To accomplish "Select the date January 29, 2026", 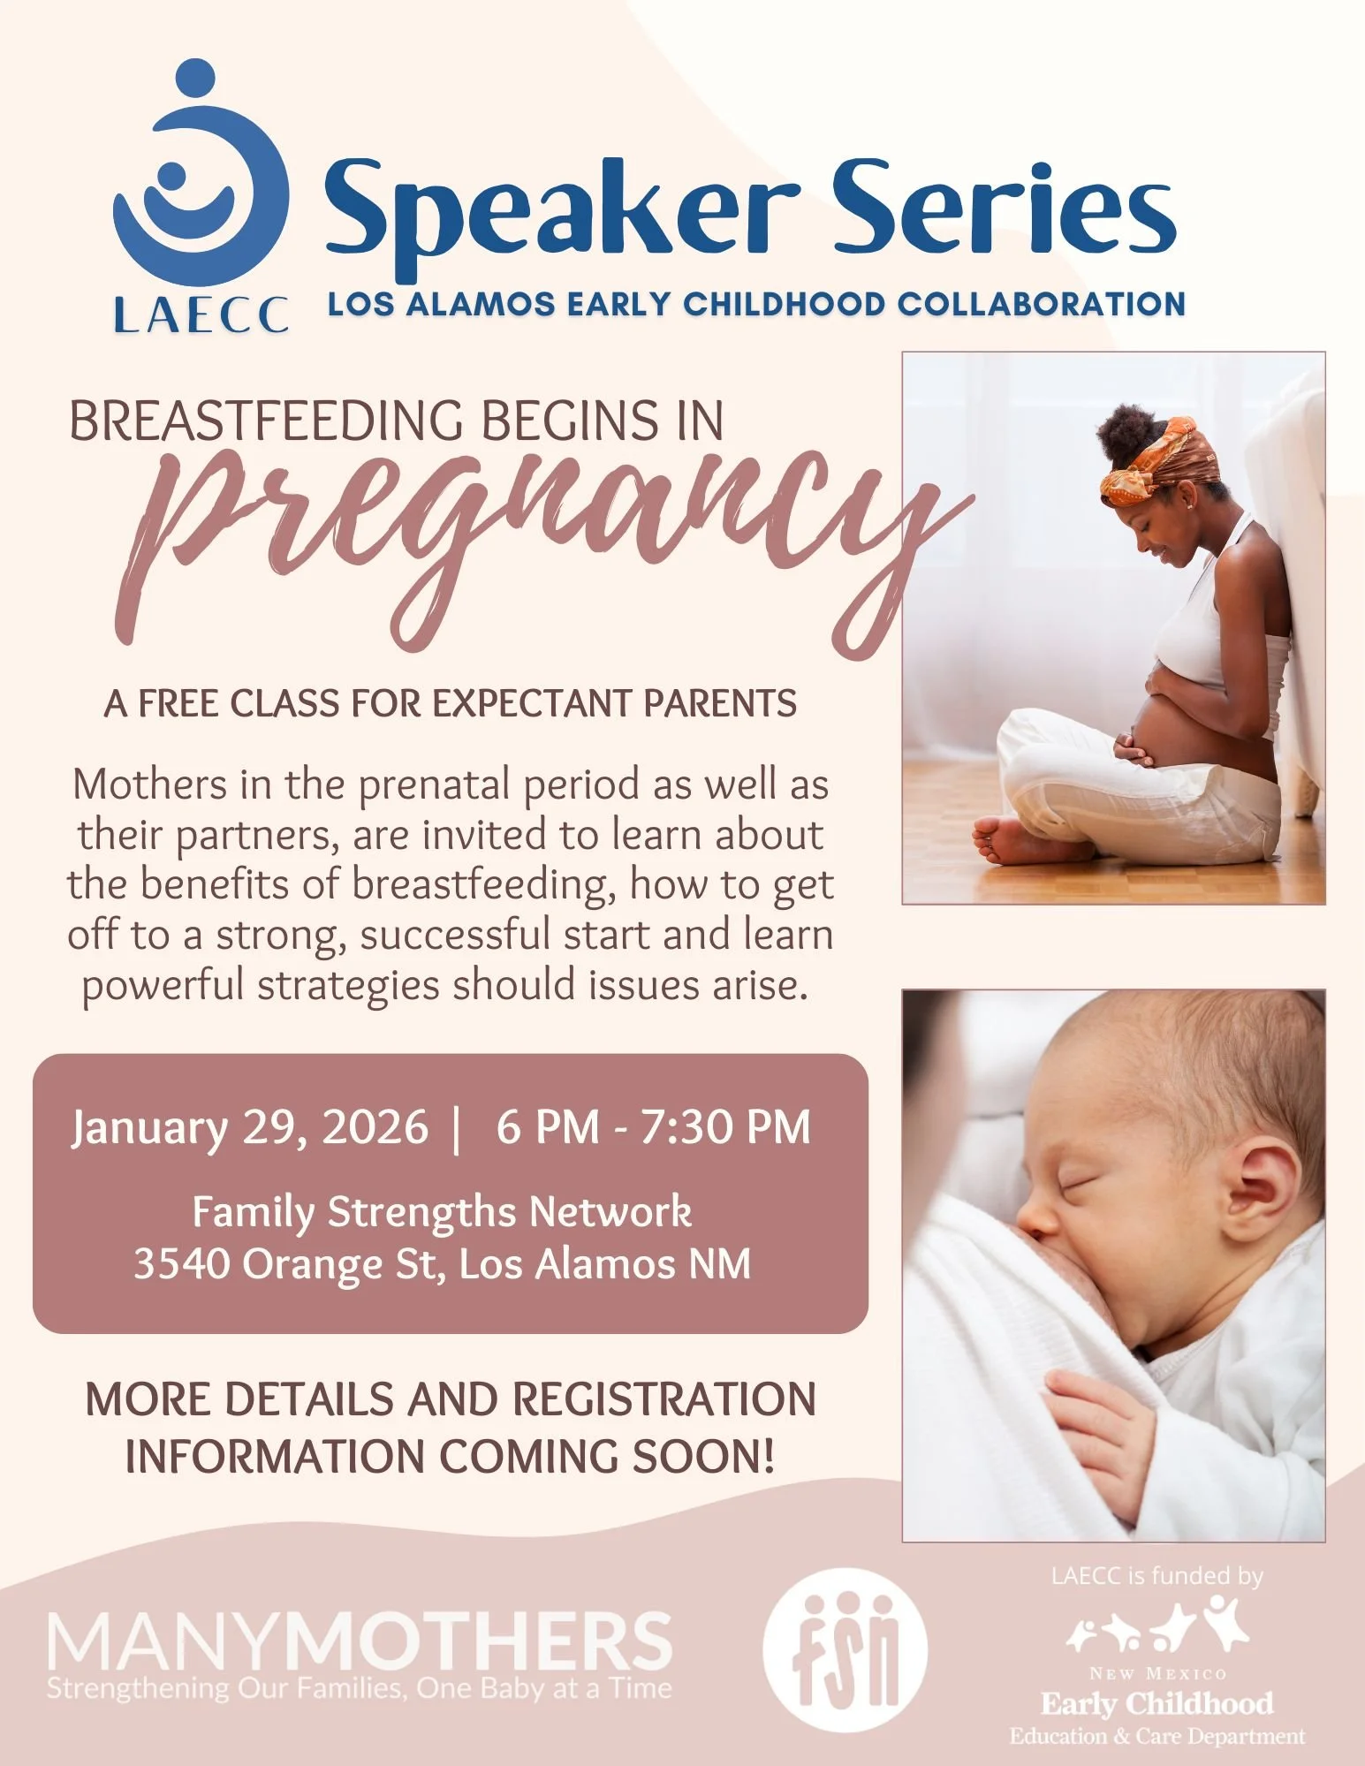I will pyautogui.click(x=250, y=1128).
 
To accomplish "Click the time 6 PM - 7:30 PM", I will pyautogui.click(x=653, y=1128).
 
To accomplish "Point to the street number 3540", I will pyautogui.click(x=182, y=1264).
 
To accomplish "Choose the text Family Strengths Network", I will pyautogui.click(x=442, y=1212).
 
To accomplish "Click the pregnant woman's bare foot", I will pyautogui.click(x=1016, y=840).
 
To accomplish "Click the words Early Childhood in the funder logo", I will pyautogui.click(x=1156, y=1702).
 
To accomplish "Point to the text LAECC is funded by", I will pyautogui.click(x=1156, y=1576).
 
